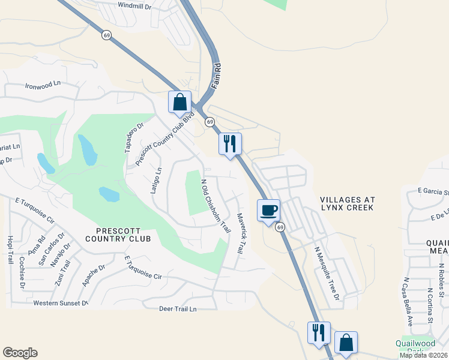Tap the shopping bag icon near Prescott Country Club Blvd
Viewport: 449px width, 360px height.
pyautogui.click(x=179, y=103)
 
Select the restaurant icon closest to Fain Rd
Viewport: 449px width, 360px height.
pyautogui.click(x=230, y=144)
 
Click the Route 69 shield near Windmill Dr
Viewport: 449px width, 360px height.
pyautogui.click(x=106, y=35)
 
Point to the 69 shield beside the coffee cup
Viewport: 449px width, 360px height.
pyautogui.click(x=280, y=227)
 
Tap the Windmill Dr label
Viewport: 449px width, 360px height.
pyautogui.click(x=134, y=5)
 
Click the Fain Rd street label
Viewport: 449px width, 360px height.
pyautogui.click(x=217, y=75)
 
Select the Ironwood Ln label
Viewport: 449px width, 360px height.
pyautogui.click(x=43, y=86)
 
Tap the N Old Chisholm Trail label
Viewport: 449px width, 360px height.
pyautogui.click(x=215, y=206)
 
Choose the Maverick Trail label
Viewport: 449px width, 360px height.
pyautogui.click(x=240, y=233)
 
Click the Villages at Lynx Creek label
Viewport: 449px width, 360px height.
pyautogui.click(x=347, y=203)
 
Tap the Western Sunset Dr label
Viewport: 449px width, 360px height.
pyautogui.click(x=61, y=303)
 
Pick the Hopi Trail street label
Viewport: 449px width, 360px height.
pyautogui.click(x=10, y=250)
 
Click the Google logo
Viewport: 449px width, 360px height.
pyautogui.click(x=20, y=353)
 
